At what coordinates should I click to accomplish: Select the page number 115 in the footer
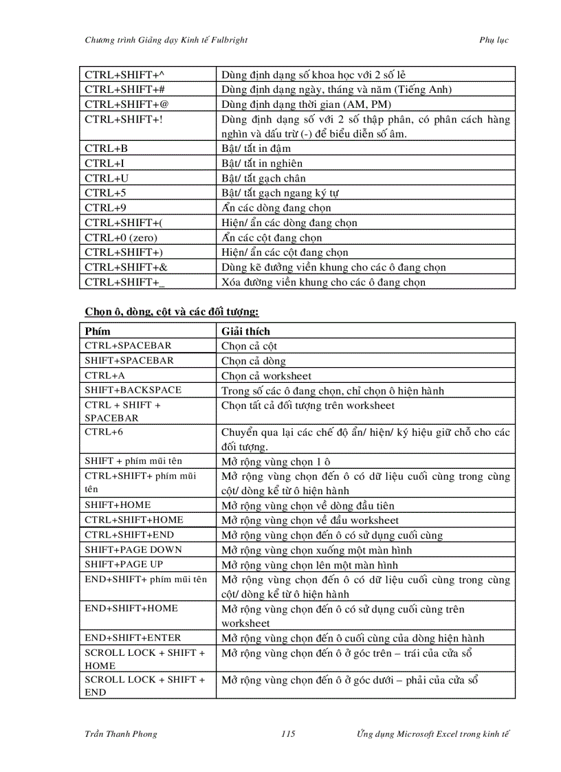click(x=288, y=734)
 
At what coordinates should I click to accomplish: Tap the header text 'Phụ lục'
click(x=494, y=40)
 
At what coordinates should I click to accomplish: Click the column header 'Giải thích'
click(x=245, y=331)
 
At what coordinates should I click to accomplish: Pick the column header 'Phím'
click(x=97, y=331)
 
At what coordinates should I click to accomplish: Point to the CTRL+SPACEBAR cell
click(x=128, y=346)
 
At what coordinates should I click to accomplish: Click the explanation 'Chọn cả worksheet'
click(x=266, y=376)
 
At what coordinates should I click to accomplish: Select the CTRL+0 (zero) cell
click(x=121, y=238)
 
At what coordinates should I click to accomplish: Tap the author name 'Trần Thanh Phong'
click(x=120, y=734)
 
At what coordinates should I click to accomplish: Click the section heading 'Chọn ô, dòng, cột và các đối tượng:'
click(x=172, y=312)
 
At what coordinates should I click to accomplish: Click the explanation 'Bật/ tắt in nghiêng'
click(x=262, y=164)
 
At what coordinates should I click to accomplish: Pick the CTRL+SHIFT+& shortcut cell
click(x=126, y=267)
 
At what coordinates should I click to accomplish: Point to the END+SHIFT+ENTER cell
click(x=133, y=638)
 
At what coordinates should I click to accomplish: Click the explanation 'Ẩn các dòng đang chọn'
click(x=276, y=208)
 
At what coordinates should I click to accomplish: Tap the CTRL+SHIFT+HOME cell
click(x=134, y=520)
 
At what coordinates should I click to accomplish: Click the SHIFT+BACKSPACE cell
click(x=133, y=390)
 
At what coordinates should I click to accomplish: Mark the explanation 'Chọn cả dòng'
click(x=254, y=361)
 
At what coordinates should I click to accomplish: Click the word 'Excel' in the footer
click(x=448, y=734)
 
